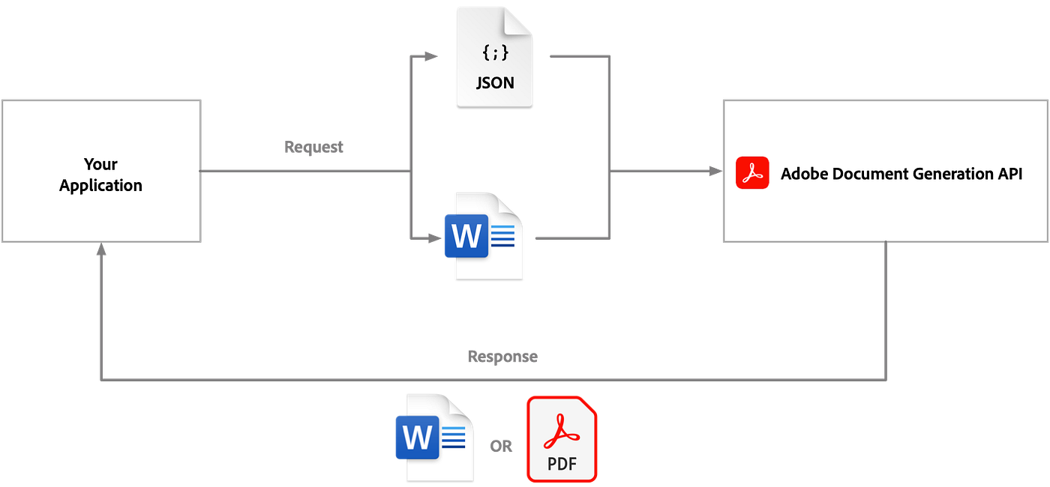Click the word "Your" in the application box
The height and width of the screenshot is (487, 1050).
(x=100, y=164)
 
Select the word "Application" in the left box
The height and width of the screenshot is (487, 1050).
(x=100, y=185)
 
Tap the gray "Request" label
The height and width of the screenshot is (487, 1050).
(x=314, y=148)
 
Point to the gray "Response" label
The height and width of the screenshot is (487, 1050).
(x=502, y=357)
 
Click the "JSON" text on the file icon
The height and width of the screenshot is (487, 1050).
(x=495, y=82)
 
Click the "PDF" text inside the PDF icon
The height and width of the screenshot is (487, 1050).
(x=562, y=464)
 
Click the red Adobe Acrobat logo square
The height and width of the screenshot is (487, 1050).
(x=752, y=173)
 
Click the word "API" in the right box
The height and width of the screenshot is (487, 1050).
(x=1009, y=175)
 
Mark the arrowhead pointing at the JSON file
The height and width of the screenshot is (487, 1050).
(x=430, y=56)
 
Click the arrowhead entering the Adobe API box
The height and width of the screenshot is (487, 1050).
(x=715, y=172)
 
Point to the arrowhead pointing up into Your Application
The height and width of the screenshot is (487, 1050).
(x=100, y=250)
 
